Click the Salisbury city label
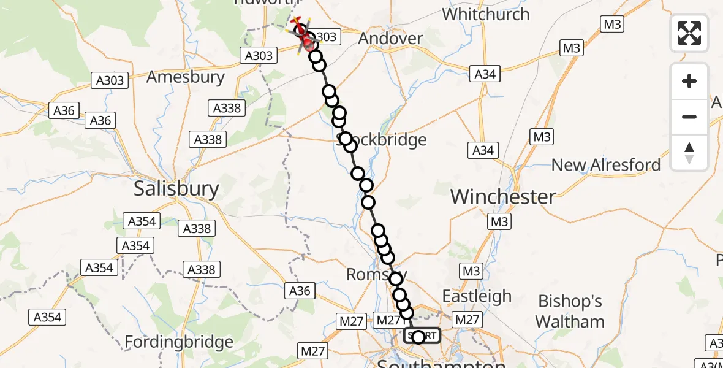pyautogui.click(x=176, y=188)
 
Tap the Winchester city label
pyautogui.click(x=503, y=197)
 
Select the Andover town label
pyautogui.click(x=390, y=39)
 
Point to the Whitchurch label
pyautogui.click(x=485, y=13)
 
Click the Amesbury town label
pyautogui.click(x=186, y=78)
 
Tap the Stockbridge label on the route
pyautogui.click(x=382, y=140)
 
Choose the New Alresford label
pyautogui.click(x=606, y=165)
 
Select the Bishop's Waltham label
pyautogui.click(x=570, y=311)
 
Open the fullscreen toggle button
pyautogui.click(x=689, y=33)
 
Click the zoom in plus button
pyautogui.click(x=689, y=81)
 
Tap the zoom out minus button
pyautogui.click(x=689, y=117)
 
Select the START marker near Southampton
pyautogui.click(x=422, y=336)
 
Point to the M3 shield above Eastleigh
pyautogui.click(x=471, y=270)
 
